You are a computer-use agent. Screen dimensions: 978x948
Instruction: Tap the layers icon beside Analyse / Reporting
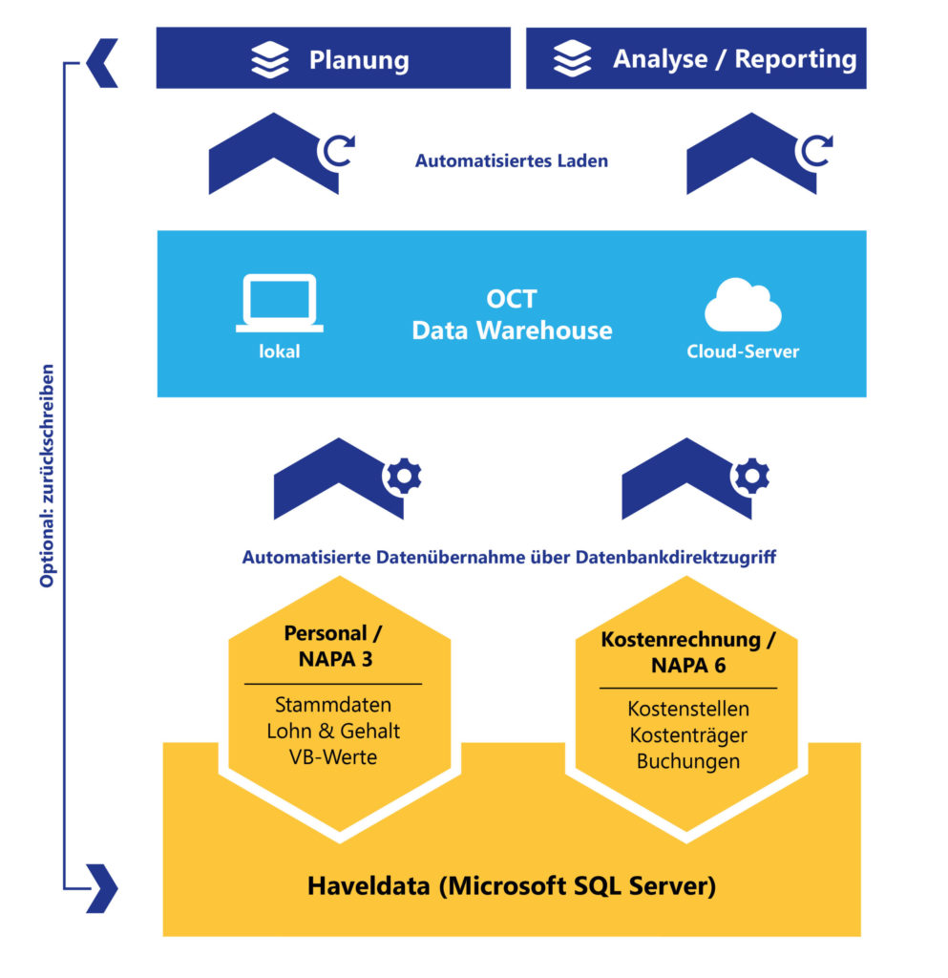coord(573,59)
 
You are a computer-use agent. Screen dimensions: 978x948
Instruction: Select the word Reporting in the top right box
coord(795,59)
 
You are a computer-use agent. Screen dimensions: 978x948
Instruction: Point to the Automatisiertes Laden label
coord(511,161)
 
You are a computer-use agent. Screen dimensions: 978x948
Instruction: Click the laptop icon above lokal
coord(279,304)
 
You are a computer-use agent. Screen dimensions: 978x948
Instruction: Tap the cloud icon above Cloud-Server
coord(743,307)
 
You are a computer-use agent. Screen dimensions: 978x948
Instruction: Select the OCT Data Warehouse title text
coord(511,314)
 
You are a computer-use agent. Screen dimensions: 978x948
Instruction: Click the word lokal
coord(279,351)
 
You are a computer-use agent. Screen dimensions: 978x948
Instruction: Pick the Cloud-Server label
coord(743,351)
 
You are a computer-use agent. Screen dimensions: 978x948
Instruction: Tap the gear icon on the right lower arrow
coord(751,474)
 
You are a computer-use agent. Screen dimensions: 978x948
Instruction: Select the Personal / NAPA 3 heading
coord(332,647)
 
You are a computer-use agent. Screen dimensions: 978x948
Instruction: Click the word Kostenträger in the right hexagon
coord(687,735)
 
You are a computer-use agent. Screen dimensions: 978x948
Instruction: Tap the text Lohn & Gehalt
coord(332,731)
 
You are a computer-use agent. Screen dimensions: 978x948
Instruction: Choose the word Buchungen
coord(687,761)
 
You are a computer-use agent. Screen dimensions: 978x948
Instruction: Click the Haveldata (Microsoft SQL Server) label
coord(511,885)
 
